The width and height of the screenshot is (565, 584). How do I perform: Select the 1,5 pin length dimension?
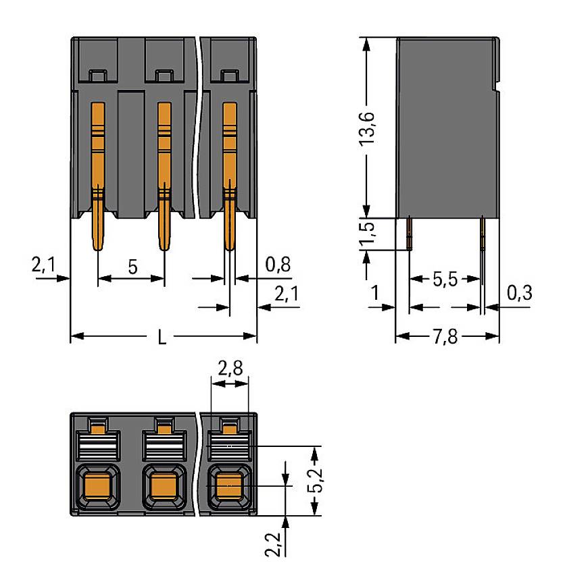point(368,234)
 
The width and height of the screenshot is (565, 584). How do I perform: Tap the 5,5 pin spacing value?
point(445,280)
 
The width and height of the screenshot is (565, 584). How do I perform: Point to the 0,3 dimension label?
point(518,292)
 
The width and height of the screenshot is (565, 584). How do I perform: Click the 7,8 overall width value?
point(447,336)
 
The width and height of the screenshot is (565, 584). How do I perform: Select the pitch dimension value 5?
point(133,267)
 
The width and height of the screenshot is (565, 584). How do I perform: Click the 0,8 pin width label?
point(278,264)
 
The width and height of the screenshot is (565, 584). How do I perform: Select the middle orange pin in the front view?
point(164,176)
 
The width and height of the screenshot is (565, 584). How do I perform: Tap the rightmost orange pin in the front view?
point(230,176)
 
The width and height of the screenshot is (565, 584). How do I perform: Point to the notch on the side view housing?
point(497,86)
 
